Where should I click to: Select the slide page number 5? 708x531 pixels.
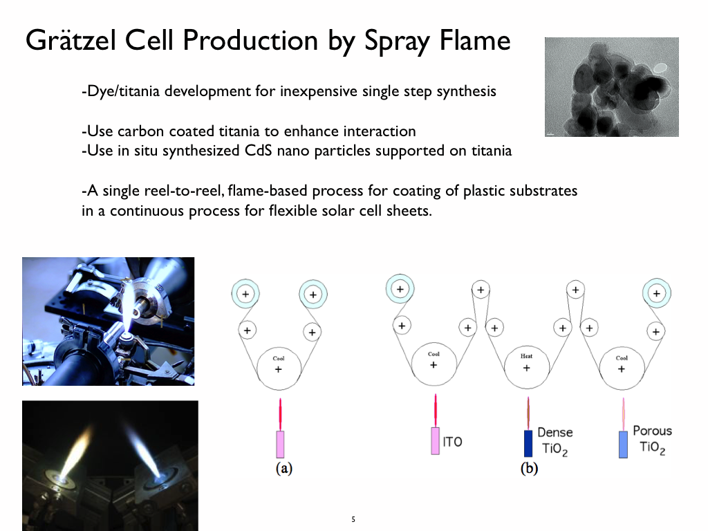click(353, 519)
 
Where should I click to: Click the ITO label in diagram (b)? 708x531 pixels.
click(452, 442)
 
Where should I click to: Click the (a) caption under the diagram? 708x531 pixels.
click(283, 469)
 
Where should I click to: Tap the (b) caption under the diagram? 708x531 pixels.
click(529, 469)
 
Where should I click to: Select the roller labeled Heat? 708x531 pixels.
click(526, 366)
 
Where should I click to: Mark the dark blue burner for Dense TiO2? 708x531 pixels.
click(528, 443)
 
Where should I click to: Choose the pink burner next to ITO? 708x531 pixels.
click(435, 441)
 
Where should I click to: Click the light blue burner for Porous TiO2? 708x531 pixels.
click(623, 443)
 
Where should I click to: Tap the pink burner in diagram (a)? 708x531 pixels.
click(280, 444)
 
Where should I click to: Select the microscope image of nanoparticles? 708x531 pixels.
click(611, 87)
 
